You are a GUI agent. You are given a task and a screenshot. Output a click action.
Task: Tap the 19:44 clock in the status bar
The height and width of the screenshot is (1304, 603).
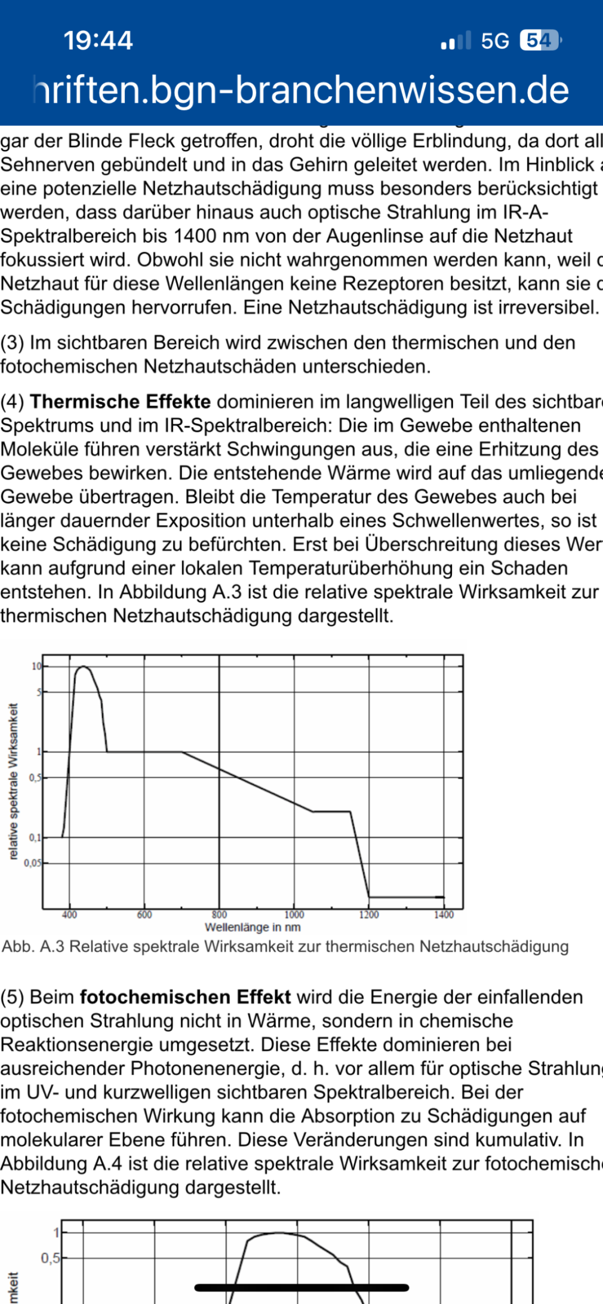pos(98,41)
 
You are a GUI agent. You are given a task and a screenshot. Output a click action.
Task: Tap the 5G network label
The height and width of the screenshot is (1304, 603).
pos(495,41)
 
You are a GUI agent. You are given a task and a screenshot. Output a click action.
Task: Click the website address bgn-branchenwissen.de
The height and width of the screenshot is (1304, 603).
pos(301,90)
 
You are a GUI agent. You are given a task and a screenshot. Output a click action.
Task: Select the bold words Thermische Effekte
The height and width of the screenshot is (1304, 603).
pos(120,401)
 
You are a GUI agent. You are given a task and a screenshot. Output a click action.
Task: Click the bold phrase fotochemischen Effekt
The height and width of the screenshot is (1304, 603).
pos(185,997)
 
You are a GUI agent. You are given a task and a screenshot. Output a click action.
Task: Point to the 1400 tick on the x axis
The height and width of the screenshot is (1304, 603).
pos(444,915)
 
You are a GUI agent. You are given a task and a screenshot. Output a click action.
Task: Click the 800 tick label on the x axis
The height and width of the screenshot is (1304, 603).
pos(219,915)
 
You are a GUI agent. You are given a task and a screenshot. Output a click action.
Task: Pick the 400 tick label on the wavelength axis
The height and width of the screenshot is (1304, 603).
pos(69,915)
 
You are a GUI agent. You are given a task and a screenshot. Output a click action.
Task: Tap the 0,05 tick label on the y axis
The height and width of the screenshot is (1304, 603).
pos(32,863)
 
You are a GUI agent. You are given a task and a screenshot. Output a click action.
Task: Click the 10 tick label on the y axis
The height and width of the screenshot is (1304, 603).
pos(36,666)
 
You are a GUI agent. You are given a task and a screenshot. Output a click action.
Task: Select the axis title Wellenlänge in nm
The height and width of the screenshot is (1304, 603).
pos(253,927)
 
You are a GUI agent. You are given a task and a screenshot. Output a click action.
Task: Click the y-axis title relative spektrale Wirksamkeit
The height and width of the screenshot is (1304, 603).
pos(14,781)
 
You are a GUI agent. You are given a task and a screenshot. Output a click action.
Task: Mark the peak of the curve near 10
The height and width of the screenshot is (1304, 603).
pos(83,667)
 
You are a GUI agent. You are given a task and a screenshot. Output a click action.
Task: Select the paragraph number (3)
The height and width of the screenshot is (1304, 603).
pos(12,342)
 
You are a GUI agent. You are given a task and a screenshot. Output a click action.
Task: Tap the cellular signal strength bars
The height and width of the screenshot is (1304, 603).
pos(456,41)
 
